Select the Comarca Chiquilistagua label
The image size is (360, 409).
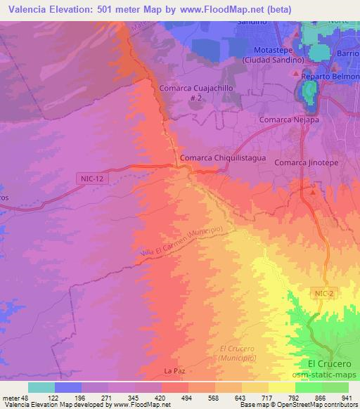click(x=223, y=159)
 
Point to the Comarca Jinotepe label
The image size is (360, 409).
click(x=304, y=162)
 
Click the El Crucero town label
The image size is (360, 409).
click(x=328, y=363)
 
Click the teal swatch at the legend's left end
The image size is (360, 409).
click(x=41, y=387)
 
